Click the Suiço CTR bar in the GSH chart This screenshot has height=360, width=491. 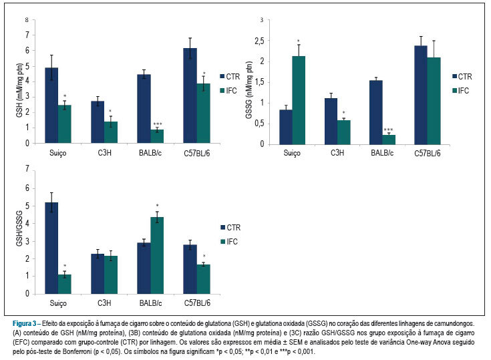(51, 106)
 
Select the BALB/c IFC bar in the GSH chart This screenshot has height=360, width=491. (157, 136)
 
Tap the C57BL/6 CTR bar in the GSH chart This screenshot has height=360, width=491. (190, 96)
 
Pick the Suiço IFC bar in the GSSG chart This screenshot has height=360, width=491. (299, 100)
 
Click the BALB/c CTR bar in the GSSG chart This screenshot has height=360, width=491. (375, 112)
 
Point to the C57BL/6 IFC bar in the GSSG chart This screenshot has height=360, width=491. (434, 101)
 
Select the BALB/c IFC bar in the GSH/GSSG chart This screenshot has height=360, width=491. (157, 255)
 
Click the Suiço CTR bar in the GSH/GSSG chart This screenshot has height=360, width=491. (51, 248)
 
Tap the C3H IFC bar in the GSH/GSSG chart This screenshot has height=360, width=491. (111, 275)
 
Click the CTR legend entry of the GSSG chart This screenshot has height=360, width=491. (462, 76)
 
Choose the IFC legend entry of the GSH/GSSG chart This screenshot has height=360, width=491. (229, 241)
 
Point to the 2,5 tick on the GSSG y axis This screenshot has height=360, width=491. (260, 41)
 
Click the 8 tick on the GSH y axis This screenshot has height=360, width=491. (27, 20)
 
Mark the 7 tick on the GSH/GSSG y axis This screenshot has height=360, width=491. (27, 169)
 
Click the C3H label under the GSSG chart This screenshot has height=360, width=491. (337, 153)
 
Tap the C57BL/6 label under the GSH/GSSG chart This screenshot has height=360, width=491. (197, 303)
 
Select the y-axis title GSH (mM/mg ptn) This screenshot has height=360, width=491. (19, 90)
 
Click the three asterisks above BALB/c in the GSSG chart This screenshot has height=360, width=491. (388, 130)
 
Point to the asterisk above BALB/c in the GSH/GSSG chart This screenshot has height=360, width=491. (157, 206)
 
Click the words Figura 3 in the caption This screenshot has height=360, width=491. (25, 323)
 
